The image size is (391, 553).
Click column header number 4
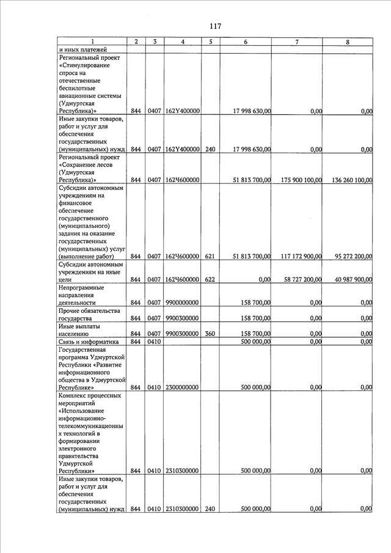tap(183, 42)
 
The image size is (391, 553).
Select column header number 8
tap(348, 42)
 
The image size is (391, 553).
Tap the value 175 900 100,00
tap(298, 180)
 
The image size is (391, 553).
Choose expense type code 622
tap(210, 279)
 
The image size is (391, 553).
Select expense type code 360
tap(210, 334)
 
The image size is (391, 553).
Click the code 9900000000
tap(183, 302)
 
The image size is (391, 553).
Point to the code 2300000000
tap(183, 387)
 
